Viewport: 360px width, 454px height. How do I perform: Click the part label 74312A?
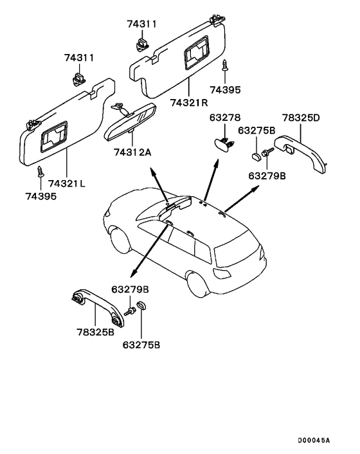pos(132,152)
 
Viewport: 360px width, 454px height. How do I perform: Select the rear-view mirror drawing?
pos(130,122)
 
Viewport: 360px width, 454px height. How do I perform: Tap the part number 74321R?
pos(189,102)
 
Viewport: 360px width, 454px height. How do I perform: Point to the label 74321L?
pos(67,183)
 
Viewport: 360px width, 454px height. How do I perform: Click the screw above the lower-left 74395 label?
pos(40,172)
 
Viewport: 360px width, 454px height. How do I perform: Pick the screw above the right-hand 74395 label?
pos(225,66)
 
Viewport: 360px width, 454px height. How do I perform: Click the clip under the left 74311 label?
pos(78,79)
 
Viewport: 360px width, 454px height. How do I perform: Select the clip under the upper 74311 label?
pos(142,44)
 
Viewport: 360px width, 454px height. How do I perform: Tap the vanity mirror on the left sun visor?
pos(54,137)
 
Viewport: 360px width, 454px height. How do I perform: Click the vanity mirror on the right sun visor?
pos(197,53)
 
